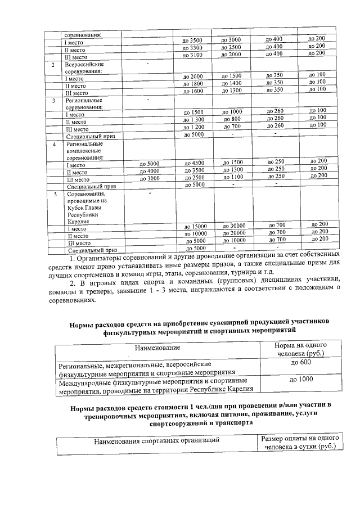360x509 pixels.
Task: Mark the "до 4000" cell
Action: (150, 170)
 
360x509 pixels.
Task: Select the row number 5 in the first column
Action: (55, 194)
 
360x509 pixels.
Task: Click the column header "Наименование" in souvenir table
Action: (157, 349)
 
